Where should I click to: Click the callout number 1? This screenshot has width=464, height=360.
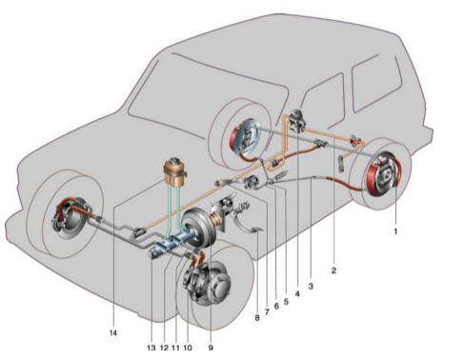point(395,231)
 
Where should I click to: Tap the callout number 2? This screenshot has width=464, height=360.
point(333,270)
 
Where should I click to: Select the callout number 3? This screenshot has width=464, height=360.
point(311,286)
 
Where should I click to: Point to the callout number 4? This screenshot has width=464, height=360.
point(297,294)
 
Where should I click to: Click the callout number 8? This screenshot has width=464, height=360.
point(257,317)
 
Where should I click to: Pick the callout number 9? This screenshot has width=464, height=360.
point(211,348)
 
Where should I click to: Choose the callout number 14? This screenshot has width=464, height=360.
point(113,333)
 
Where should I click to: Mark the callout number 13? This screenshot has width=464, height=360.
point(151,348)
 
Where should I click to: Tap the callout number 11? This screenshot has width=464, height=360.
point(175,348)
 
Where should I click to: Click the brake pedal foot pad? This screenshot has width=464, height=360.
point(257,230)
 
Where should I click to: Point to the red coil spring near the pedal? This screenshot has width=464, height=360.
point(217,220)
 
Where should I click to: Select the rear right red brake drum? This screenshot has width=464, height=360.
point(383,174)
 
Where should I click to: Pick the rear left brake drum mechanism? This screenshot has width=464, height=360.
point(245,139)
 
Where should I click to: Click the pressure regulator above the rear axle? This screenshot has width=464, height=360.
point(297,120)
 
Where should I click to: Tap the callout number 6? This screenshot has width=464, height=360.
point(276,306)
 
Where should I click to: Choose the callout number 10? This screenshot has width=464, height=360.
point(188,348)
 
